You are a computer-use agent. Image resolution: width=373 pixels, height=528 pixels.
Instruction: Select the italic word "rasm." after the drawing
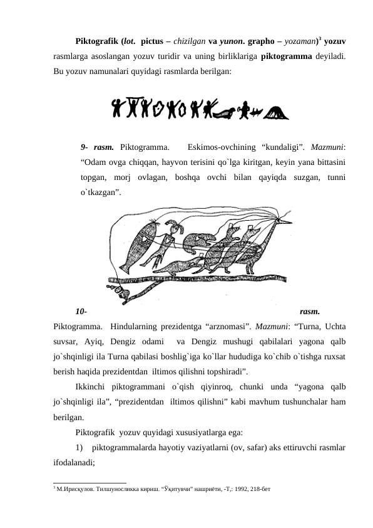[x=310, y=310]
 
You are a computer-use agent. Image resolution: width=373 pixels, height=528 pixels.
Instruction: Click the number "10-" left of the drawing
[x=81, y=310]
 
